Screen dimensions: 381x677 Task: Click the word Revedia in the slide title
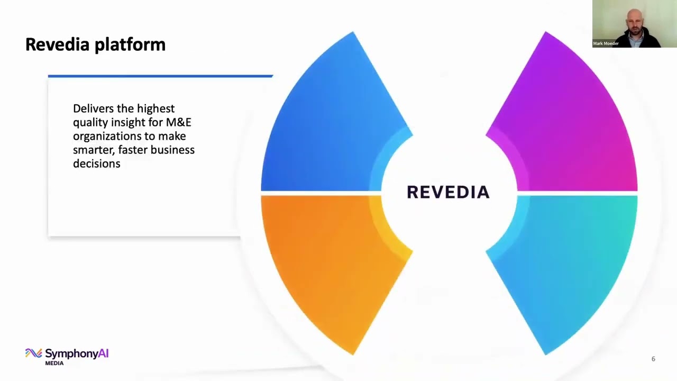pos(57,44)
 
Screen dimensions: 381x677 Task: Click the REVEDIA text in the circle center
pos(448,192)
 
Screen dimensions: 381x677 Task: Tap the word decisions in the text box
pos(96,164)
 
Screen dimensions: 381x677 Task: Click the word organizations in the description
pos(107,136)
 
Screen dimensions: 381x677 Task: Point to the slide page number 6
pos(653,359)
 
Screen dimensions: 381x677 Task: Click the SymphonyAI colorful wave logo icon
pos(33,353)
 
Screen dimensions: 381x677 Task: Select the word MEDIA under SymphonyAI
pos(54,363)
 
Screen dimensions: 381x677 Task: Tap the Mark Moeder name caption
pos(606,43)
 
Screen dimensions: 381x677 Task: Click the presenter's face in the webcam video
pos(633,20)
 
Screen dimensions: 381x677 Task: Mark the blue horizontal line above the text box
pos(160,76)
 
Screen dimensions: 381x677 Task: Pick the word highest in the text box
pos(155,108)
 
